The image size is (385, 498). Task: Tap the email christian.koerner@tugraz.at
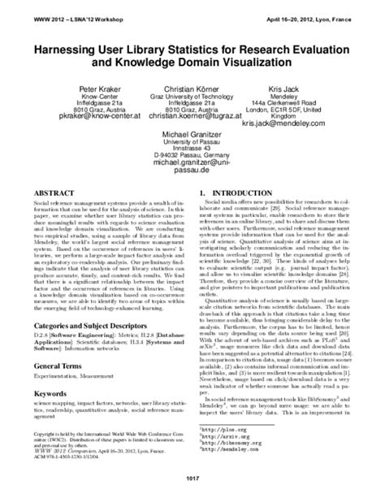[192, 117]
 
